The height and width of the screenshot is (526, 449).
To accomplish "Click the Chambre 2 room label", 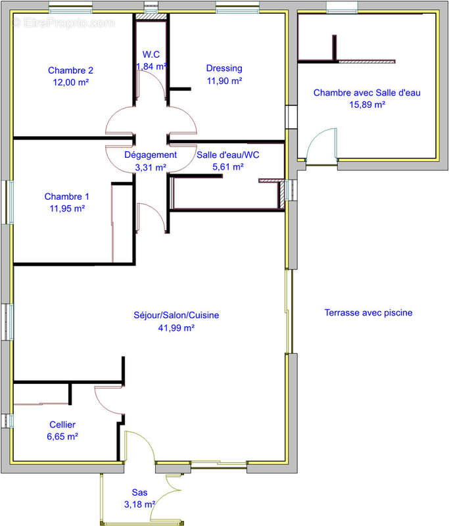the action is (x=70, y=70).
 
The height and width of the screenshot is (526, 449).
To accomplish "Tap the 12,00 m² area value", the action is (x=71, y=82).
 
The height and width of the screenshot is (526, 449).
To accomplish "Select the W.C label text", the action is (x=151, y=55).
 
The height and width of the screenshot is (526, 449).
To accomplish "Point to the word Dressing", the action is (x=224, y=68).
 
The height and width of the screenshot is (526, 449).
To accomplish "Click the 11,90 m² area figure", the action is (x=224, y=81).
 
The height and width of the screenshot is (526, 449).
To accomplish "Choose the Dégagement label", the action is (x=151, y=155).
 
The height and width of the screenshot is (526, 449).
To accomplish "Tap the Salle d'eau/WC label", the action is (x=227, y=155).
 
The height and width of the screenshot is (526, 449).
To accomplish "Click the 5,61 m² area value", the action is (x=227, y=167).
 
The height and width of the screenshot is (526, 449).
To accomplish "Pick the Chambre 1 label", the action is (x=67, y=197).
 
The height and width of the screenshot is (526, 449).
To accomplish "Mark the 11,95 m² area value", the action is (x=67, y=208).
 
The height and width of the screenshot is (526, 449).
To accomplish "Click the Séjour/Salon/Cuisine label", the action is (x=176, y=316).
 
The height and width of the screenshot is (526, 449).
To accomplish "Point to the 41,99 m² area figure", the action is (x=176, y=327).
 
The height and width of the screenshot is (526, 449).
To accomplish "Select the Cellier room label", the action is (x=62, y=425).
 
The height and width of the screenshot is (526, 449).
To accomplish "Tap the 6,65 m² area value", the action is (x=62, y=437).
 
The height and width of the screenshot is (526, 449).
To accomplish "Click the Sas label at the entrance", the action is (x=139, y=492).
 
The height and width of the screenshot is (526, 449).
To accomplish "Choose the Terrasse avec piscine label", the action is (x=369, y=313).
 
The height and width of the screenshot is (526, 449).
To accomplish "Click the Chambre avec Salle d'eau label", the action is (x=367, y=93).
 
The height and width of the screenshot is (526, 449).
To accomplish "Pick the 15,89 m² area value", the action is (x=367, y=105).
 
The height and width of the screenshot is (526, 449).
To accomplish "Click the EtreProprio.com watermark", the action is (x=64, y=23).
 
